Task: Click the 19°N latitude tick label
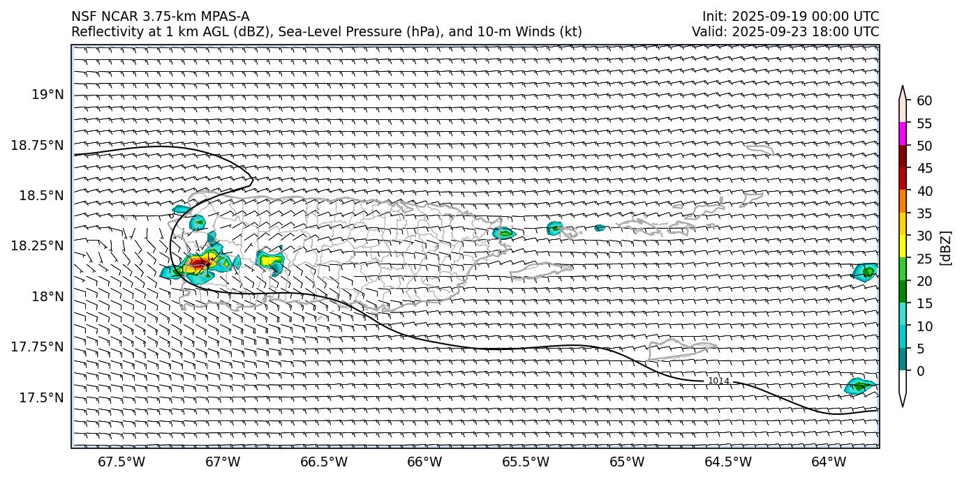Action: click(50, 94)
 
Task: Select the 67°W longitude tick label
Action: click(223, 462)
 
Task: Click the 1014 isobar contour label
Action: click(718, 381)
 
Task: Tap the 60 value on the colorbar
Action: click(924, 101)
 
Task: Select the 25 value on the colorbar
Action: click(924, 259)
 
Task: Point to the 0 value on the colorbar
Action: click(921, 371)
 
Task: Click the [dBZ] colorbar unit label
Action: click(947, 248)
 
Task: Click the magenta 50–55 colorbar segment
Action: click(903, 134)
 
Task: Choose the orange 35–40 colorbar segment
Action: click(903, 202)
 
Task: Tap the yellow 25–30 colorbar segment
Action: click(903, 246)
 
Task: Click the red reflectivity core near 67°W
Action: click(200, 263)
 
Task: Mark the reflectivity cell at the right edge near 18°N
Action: click(866, 272)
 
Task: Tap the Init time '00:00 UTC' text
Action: click(847, 17)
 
